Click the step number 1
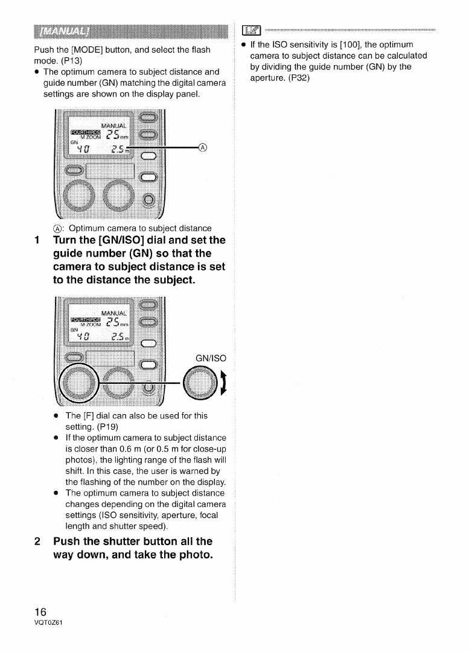pos(37,240)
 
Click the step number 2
pos(37,540)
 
